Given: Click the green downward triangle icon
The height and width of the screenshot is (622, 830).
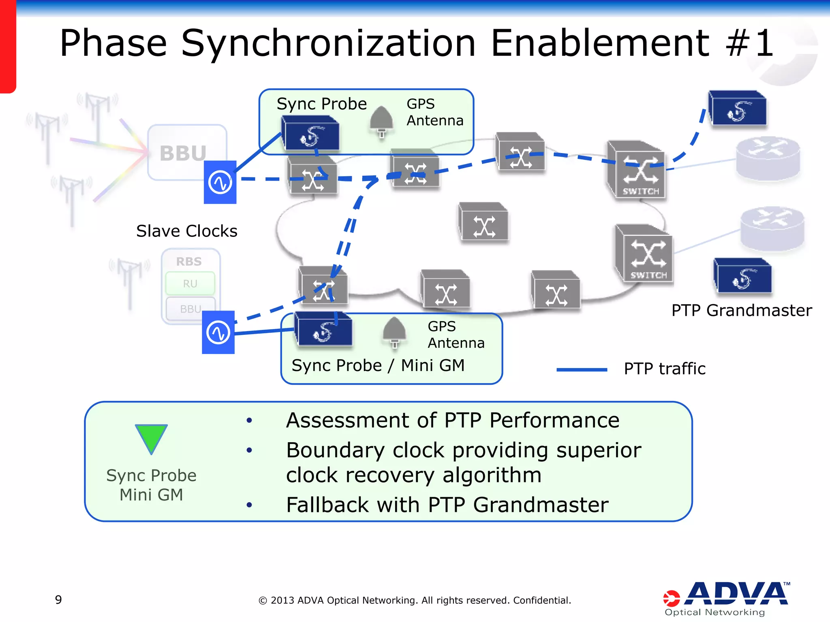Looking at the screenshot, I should point(151,437).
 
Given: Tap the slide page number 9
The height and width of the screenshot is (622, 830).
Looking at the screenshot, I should point(58,600).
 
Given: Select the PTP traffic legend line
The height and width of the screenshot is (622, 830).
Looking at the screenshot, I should point(582,369).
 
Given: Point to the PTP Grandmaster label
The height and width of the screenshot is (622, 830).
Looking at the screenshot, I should point(741,311).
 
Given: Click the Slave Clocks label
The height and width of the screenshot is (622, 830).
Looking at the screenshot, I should point(186,231).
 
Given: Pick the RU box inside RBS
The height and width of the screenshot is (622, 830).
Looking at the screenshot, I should point(190,283).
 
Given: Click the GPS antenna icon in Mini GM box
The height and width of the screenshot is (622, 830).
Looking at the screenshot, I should point(394,332).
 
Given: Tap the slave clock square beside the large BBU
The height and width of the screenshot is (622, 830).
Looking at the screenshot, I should point(220,182).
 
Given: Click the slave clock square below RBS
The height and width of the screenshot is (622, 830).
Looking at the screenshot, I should point(218,332).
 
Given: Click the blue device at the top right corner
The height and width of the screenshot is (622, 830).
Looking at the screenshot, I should point(737,109).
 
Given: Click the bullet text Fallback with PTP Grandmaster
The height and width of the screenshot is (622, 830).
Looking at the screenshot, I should point(447,505).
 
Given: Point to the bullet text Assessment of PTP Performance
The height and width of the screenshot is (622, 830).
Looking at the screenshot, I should point(452,420).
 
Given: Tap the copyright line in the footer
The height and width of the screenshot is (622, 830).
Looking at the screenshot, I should point(415,600).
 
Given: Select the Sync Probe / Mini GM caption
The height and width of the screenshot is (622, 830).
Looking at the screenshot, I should point(378,365).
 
